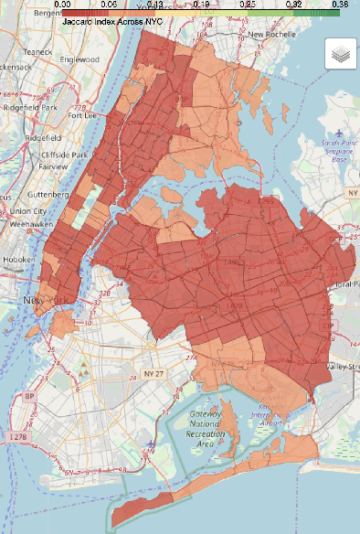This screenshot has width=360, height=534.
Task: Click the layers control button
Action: (339, 54)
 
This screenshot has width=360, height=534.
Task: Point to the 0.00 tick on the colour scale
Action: (64, 5)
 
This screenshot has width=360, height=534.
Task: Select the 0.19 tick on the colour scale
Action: (202, 5)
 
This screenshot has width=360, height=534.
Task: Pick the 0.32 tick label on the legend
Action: (293, 5)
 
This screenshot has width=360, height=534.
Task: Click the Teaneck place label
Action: (18, 52)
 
